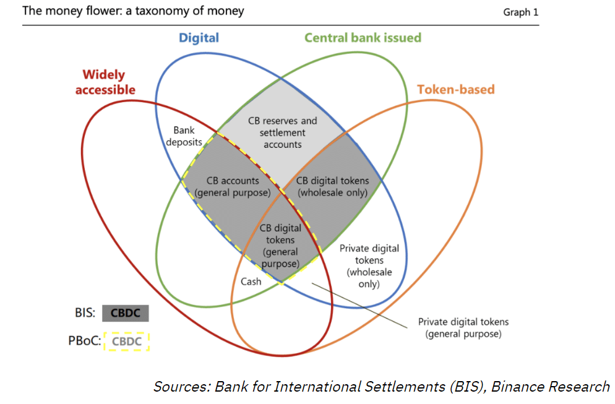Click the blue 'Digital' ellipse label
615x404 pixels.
[199, 38]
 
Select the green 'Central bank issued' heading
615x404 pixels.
[363, 38]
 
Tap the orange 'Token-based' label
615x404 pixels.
[456, 89]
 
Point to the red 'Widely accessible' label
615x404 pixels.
[105, 82]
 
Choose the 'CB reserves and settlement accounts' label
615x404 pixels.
[282, 132]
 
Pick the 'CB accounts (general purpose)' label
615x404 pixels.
[233, 186]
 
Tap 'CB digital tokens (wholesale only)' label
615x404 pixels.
[332, 186]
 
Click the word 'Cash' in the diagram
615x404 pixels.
[251, 282]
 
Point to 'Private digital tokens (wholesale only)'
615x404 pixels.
[369, 266]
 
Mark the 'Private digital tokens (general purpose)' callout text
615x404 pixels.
[463, 328]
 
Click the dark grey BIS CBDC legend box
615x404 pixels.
[126, 313]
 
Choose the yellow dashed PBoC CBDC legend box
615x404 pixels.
[127, 341]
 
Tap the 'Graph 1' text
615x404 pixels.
[517, 12]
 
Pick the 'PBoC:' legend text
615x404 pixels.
[84, 341]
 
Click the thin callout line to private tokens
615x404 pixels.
[359, 303]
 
